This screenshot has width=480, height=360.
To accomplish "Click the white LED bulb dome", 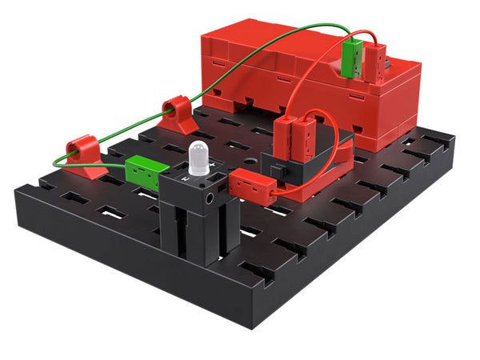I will click(x=198, y=156).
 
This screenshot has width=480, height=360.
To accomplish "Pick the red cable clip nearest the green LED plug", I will click(x=84, y=155).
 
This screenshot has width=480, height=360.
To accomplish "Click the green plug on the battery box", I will click(x=349, y=60).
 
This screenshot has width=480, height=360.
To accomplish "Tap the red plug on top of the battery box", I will click(x=372, y=62).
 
